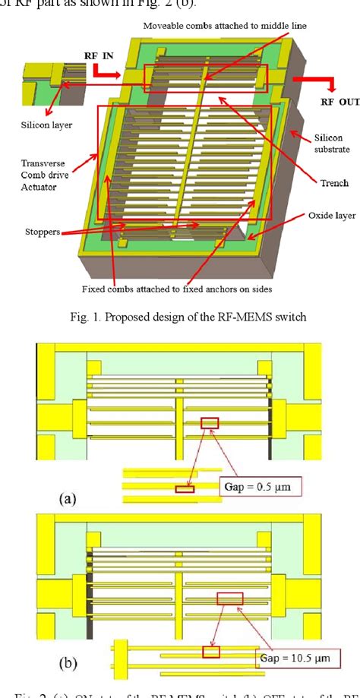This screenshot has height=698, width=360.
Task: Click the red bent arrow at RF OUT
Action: [x=307, y=81]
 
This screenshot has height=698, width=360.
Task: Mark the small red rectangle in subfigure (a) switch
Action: [x=209, y=422]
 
